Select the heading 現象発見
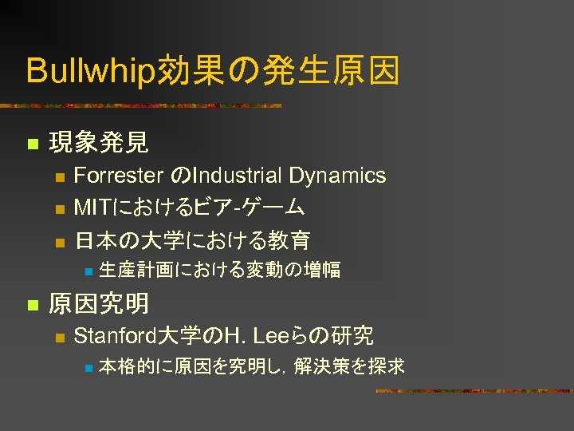[x=98, y=144]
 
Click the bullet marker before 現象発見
[x=32, y=144]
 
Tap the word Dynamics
[x=338, y=176]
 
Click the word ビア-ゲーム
[x=250, y=208]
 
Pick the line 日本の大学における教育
[x=191, y=239]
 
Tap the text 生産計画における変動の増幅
[x=219, y=271]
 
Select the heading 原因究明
[x=98, y=303]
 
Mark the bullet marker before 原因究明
[x=32, y=304]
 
